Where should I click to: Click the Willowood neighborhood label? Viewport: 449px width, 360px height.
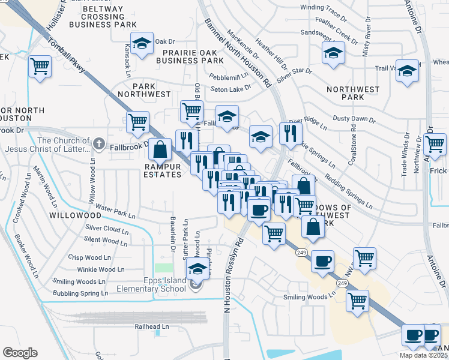(75, 214)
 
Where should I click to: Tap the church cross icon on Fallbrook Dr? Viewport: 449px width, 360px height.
(99, 144)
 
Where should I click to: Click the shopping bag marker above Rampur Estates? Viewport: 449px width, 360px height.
(160, 149)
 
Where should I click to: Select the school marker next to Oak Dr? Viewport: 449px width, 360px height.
(142, 44)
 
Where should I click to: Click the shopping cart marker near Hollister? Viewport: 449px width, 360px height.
(40, 67)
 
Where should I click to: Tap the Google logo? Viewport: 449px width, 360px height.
(20, 352)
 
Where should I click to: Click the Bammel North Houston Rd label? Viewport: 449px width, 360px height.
(239, 53)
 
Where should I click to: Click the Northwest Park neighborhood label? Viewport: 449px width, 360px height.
(353, 93)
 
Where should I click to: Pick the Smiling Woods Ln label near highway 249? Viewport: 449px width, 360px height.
(311, 297)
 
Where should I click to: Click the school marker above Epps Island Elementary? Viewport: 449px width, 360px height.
(196, 270)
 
